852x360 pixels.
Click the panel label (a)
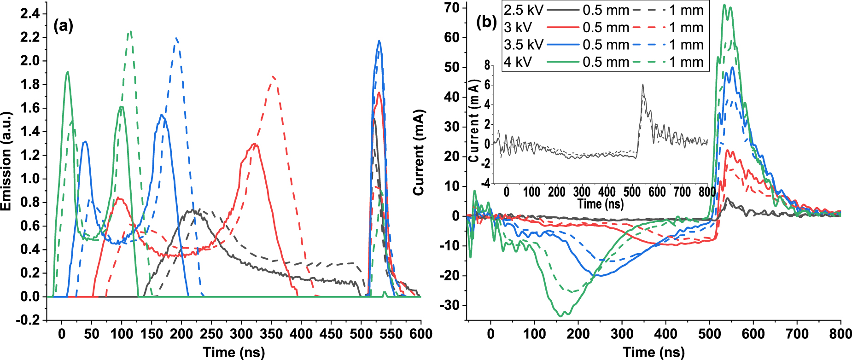coord(64,26)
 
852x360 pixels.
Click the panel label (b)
coord(486,22)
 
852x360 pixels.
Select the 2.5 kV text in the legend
coord(523,10)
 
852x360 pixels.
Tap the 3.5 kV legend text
coord(523,45)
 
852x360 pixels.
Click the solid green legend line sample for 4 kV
coord(563,62)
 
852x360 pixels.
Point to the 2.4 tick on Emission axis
coord(30,13)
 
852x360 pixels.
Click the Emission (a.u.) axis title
coord(6,161)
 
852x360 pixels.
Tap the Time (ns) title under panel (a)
coord(234,353)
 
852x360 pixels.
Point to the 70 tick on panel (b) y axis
coord(452,8)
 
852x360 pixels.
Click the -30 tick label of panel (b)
coord(450,305)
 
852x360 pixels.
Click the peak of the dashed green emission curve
coord(131,31)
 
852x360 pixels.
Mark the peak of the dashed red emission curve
coord(274,76)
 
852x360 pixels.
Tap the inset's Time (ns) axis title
coord(601,203)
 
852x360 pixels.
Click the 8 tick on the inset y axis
coord(488,65)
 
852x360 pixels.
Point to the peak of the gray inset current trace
coord(643,85)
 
